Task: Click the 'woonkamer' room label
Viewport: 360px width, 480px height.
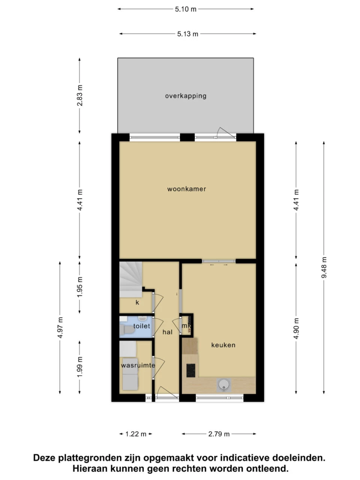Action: tap(186, 189)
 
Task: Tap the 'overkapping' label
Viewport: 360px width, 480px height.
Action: tap(186, 96)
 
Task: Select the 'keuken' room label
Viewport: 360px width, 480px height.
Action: tap(223, 345)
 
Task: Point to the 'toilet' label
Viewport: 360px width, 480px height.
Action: tap(141, 326)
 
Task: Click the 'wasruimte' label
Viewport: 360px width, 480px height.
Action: tap(138, 365)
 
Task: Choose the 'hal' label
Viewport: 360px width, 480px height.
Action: tap(167, 332)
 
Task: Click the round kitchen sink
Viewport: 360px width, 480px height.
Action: tap(224, 384)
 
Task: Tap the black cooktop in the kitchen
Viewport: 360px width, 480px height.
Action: tap(190, 370)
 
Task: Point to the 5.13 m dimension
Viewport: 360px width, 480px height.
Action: tap(187, 34)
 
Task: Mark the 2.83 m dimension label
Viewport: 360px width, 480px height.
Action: tap(79, 96)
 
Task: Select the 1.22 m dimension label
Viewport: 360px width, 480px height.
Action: tap(136, 434)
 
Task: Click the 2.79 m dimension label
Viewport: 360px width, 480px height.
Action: tap(219, 434)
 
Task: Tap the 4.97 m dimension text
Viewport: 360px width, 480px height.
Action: tap(60, 328)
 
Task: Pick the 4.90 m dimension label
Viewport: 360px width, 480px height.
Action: tap(296, 328)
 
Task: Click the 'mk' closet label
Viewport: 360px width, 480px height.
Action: tap(186, 326)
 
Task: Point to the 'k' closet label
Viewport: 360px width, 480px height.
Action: tap(137, 302)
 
